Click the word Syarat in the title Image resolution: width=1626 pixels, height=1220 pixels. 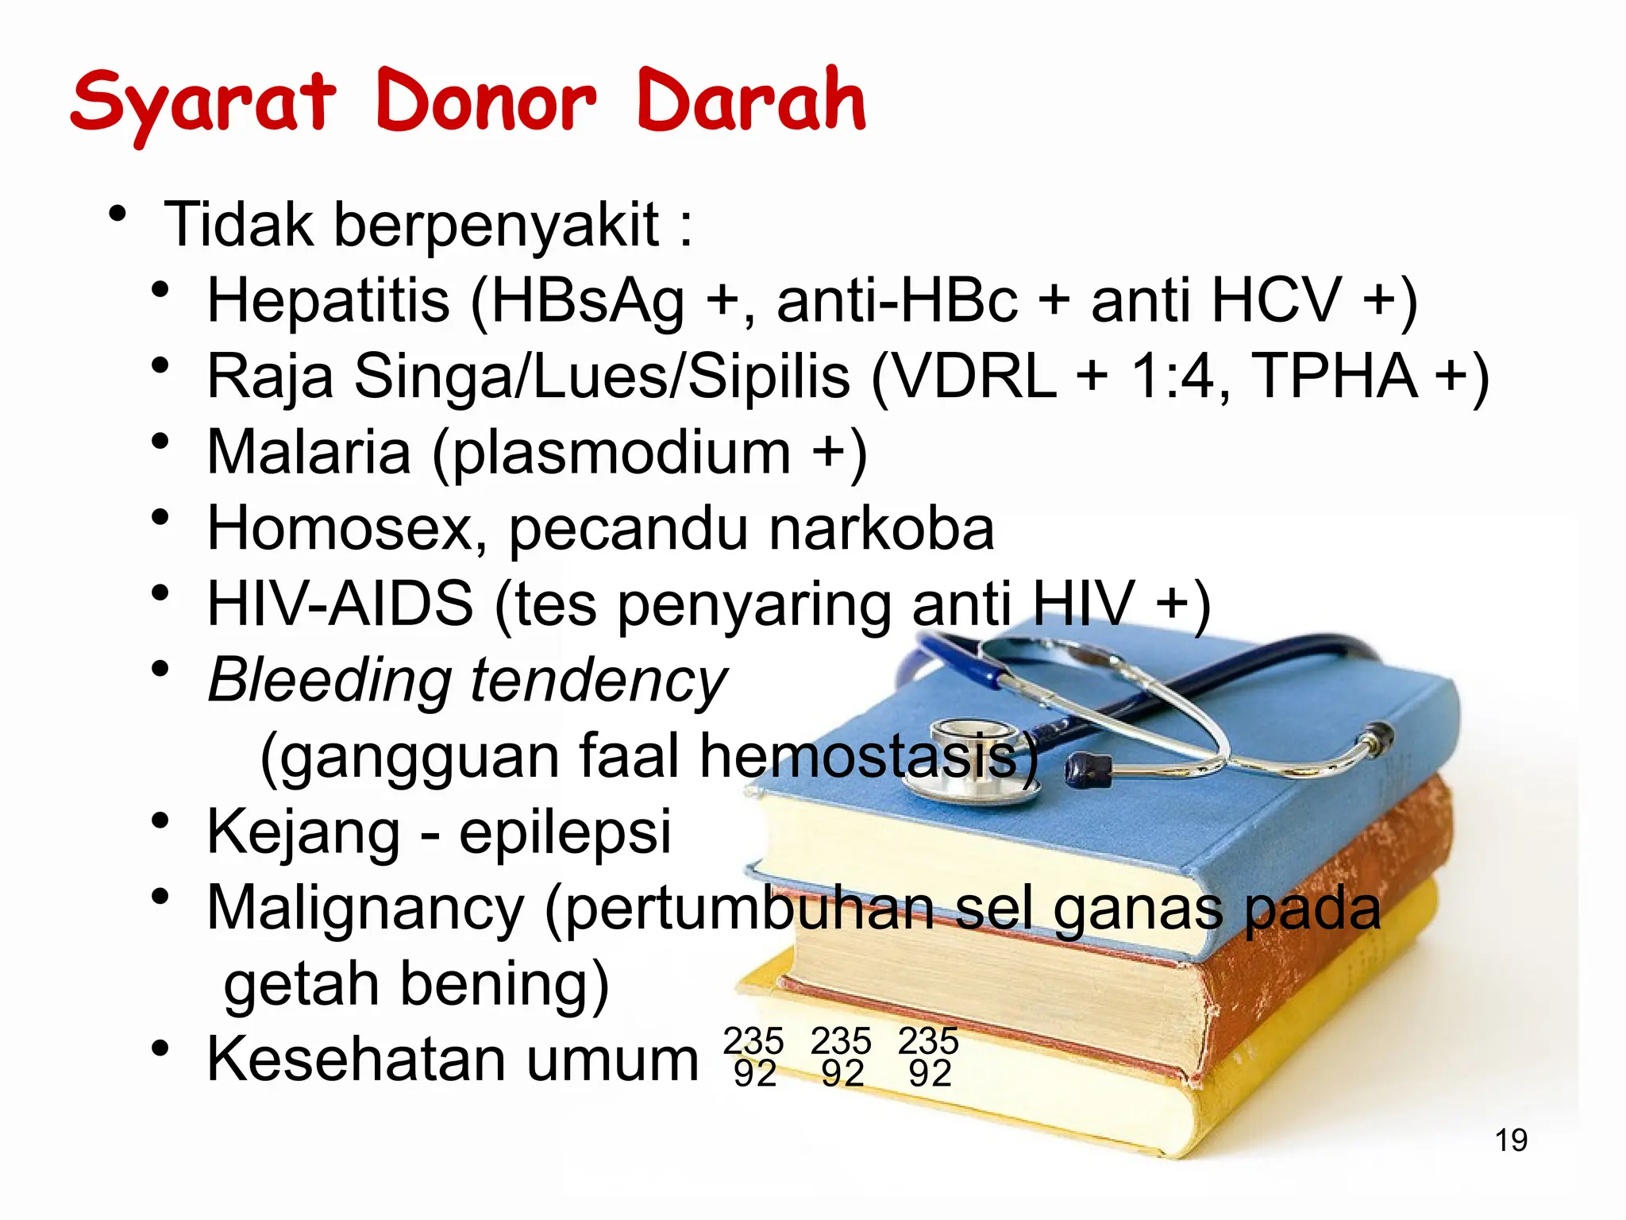[203, 103]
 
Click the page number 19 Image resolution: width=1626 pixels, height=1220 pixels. [1511, 1141]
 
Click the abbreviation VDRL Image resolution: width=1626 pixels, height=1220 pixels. [977, 376]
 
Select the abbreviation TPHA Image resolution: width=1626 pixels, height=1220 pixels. [1334, 376]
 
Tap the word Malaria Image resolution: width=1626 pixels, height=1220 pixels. [309, 452]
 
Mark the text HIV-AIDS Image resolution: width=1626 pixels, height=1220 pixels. [340, 604]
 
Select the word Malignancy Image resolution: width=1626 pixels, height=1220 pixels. [365, 908]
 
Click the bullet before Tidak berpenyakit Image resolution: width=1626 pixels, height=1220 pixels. [118, 214]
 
